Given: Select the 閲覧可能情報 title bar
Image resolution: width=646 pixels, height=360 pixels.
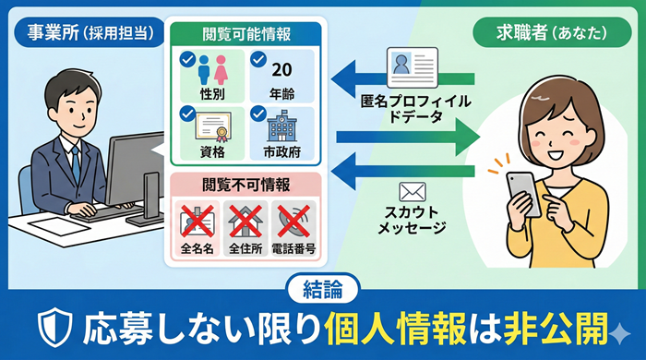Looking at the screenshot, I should click(245, 34).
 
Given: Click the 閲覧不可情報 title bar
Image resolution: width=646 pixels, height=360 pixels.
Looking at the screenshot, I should click(245, 182).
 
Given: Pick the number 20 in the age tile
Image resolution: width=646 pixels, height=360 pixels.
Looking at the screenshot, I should click(281, 72).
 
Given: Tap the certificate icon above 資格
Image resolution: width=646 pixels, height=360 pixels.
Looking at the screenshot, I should click(213, 126).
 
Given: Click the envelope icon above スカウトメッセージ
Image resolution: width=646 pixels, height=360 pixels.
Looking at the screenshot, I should click(412, 192).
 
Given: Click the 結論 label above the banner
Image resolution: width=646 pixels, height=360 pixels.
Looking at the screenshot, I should click(322, 288).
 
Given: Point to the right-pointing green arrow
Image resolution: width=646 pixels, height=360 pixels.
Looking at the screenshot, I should click(405, 137).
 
